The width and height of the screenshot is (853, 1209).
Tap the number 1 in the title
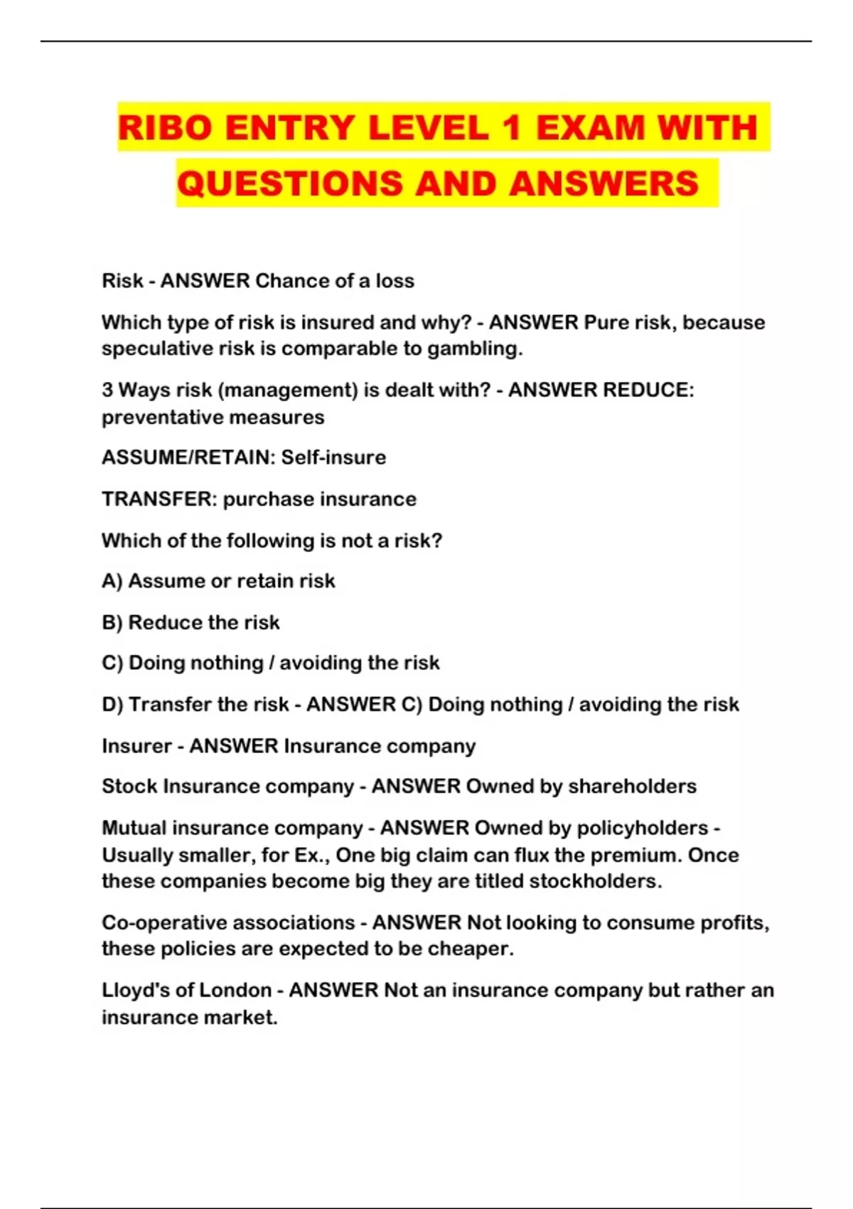511,128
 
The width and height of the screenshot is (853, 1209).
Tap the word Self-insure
333,457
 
